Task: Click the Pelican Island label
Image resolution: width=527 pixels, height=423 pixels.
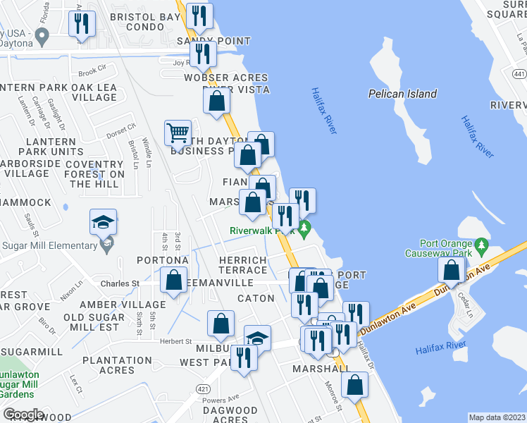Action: pyautogui.click(x=402, y=94)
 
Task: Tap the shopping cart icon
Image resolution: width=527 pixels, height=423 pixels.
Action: pyautogui.click(x=178, y=133)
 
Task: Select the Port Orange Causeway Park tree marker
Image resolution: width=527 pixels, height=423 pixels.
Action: pyautogui.click(x=482, y=247)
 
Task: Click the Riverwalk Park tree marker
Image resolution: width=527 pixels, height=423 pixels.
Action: pyautogui.click(x=304, y=228)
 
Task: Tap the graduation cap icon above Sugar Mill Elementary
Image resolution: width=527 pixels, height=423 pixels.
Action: pyautogui.click(x=103, y=223)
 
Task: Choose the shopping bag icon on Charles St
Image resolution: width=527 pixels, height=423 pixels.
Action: pyautogui.click(x=173, y=280)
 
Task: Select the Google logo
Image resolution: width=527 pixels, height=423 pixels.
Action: pyautogui.click(x=23, y=414)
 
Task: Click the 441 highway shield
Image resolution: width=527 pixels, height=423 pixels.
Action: pyautogui.click(x=519, y=73)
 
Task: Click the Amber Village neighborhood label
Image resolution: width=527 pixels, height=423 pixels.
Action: pyautogui.click(x=123, y=305)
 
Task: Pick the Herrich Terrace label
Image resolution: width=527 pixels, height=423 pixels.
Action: pyautogui.click(x=232, y=266)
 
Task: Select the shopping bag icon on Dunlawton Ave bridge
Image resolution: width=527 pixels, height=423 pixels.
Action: pyautogui.click(x=451, y=271)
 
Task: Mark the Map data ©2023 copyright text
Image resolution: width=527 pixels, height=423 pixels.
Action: pyautogui.click(x=497, y=417)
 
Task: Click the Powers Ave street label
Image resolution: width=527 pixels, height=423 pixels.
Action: pyautogui.click(x=221, y=398)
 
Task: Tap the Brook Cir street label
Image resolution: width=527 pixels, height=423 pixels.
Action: pyautogui.click(x=92, y=71)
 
